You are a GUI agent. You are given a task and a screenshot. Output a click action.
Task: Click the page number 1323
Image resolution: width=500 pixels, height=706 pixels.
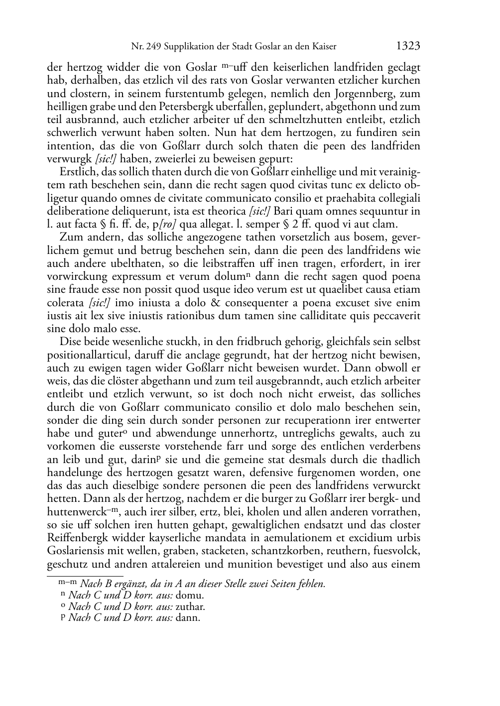(408, 46)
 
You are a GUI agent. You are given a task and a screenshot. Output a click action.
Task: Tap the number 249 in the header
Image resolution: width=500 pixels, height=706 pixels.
(151, 47)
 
